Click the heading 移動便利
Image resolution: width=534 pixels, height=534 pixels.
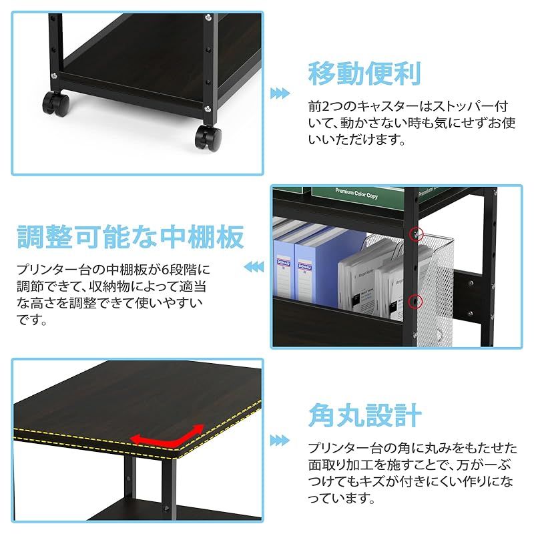364,74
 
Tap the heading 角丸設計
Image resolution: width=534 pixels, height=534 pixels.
364,415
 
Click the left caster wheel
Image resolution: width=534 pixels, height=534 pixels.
56,103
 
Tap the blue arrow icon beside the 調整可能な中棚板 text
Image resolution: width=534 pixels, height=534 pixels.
254,267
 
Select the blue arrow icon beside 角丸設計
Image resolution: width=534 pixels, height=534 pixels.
280,441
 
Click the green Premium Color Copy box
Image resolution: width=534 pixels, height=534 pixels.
354,194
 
